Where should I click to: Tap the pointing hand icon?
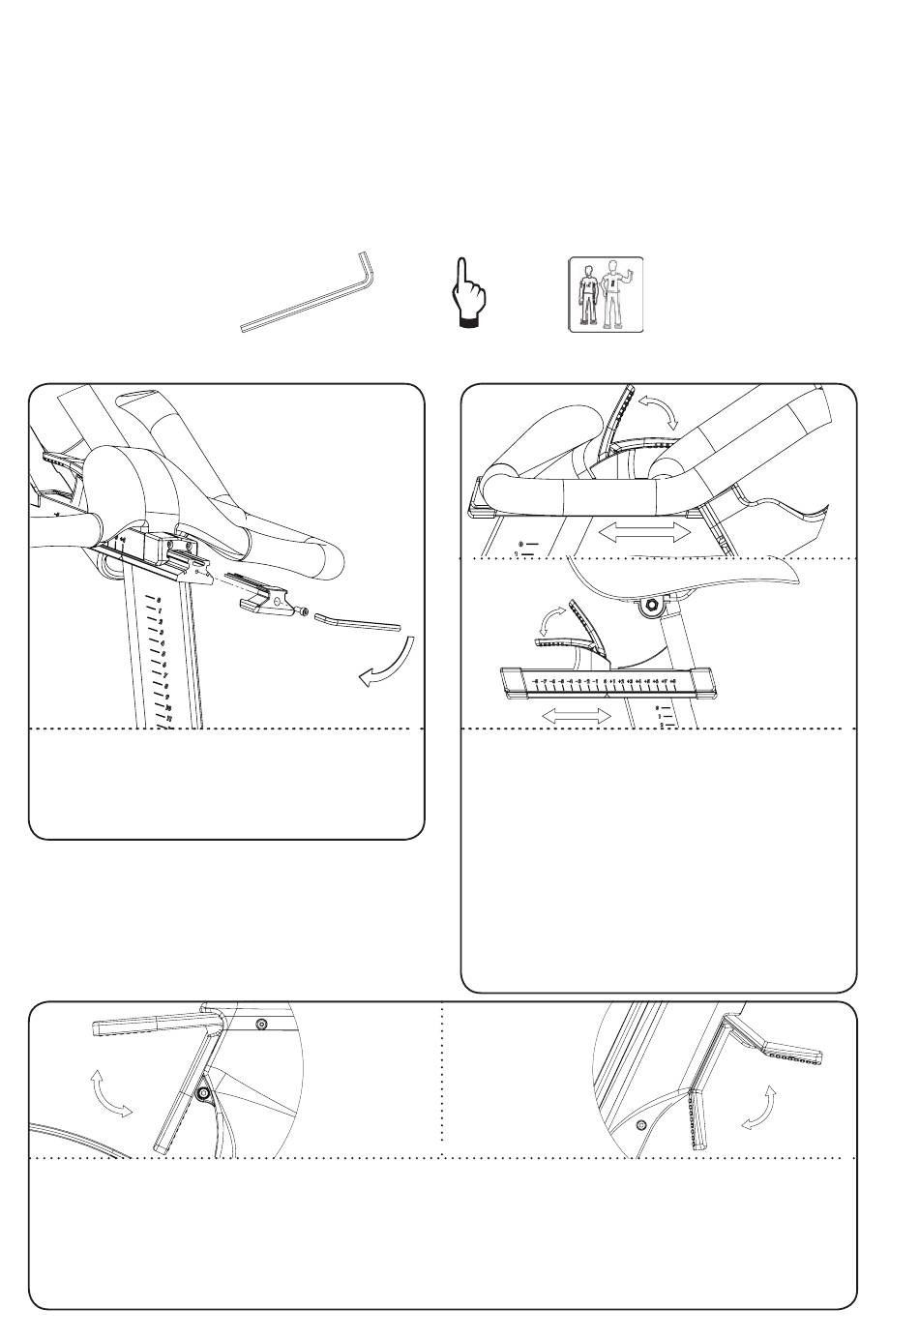467,295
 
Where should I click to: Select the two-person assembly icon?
606,293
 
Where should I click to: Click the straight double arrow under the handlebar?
643,532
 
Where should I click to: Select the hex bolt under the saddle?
652,607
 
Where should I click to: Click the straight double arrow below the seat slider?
577,717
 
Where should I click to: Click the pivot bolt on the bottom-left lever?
202,1093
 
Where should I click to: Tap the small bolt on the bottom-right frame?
642,1125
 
